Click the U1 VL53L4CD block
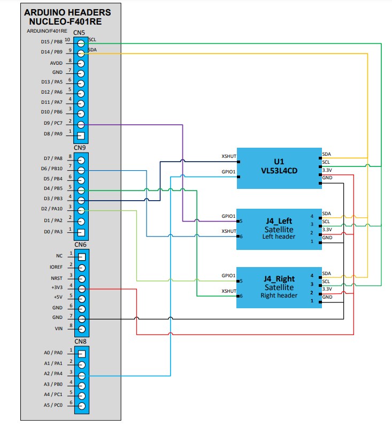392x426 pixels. (x=278, y=168)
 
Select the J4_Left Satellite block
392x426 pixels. (x=278, y=229)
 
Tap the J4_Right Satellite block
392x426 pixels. (x=278, y=287)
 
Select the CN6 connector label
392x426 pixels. (x=80, y=245)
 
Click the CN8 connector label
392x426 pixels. (x=80, y=341)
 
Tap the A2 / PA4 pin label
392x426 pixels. (x=52, y=374)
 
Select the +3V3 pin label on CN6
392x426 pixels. (x=56, y=287)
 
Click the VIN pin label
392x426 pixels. (x=58, y=327)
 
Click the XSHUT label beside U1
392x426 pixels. (x=229, y=157)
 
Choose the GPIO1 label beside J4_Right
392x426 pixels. (x=229, y=276)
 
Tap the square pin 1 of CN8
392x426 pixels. (x=81, y=354)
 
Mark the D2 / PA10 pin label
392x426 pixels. (x=52, y=209)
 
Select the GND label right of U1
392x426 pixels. (x=327, y=177)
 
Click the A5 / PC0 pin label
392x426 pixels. (x=52, y=405)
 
